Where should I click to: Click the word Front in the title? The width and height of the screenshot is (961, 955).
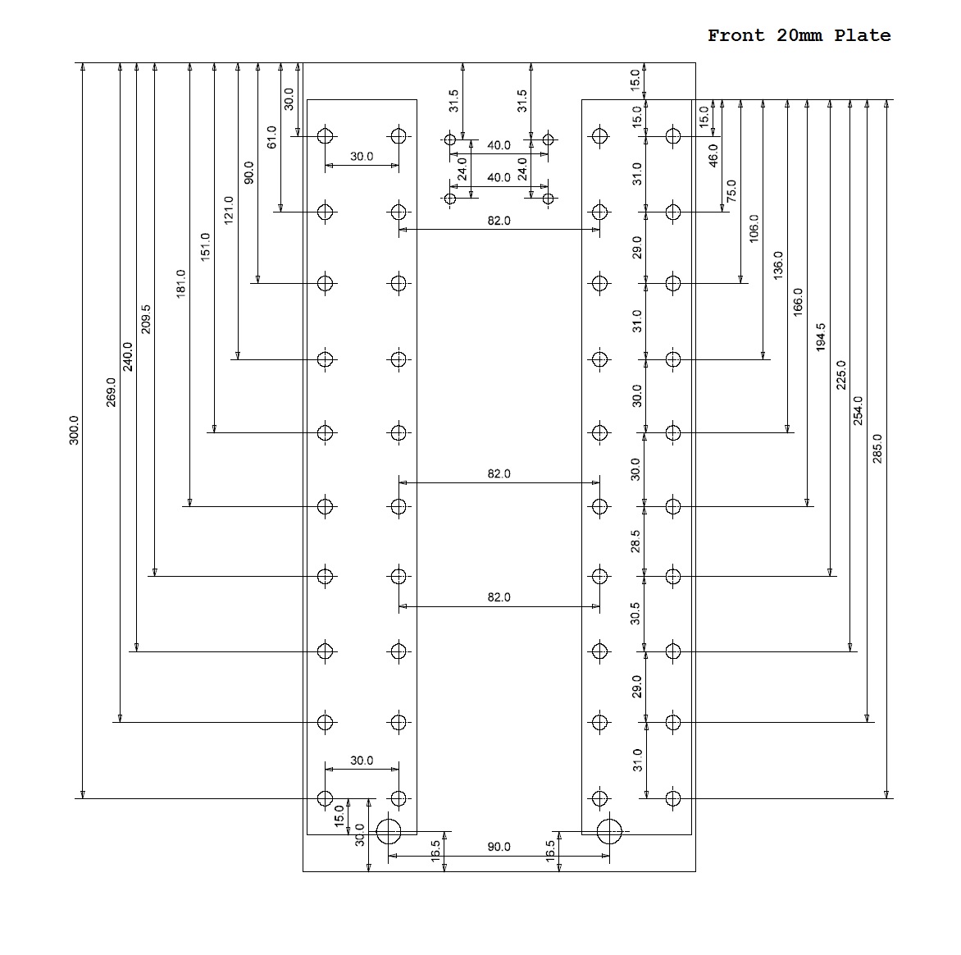[x=736, y=35]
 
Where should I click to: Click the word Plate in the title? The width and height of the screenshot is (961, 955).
[x=862, y=35]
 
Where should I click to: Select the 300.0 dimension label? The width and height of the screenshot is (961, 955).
[x=74, y=430]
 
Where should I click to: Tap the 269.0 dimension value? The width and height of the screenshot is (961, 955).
[x=112, y=391]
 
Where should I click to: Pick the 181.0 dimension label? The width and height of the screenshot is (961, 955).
[x=181, y=283]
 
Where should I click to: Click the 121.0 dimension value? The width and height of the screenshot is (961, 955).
[x=229, y=210]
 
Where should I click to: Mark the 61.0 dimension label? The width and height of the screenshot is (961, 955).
[x=272, y=137]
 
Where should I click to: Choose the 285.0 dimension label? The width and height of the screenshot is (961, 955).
[x=878, y=449]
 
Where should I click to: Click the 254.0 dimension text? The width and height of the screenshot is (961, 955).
[x=859, y=410]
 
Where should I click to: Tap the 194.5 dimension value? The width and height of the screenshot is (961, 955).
[x=821, y=337]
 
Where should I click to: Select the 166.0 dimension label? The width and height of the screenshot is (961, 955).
[x=798, y=303]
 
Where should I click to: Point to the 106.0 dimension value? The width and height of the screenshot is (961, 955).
[x=754, y=228]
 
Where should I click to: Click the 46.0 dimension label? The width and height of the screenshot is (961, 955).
[x=713, y=155]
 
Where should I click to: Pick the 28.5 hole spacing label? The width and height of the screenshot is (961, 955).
[x=636, y=541]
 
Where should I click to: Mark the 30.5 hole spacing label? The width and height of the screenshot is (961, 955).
[x=636, y=614]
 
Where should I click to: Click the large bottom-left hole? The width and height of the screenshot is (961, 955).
[x=388, y=831]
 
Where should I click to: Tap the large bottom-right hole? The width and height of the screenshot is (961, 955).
[x=609, y=831]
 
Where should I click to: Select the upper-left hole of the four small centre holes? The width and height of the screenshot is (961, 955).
[x=449, y=139]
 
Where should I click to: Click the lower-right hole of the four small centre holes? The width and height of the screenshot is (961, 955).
[x=549, y=199]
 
